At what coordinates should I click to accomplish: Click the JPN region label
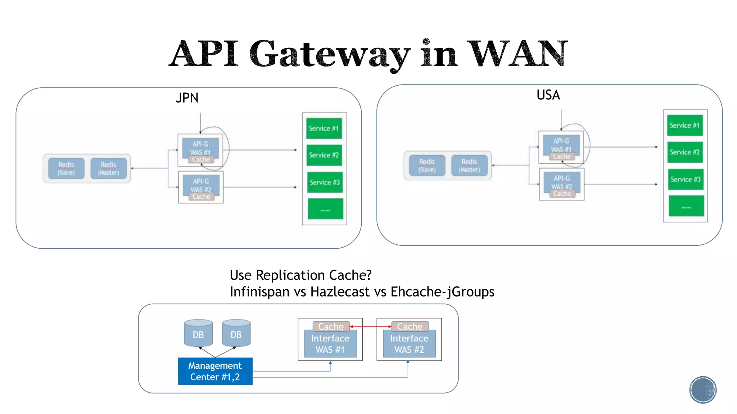(x=187, y=98)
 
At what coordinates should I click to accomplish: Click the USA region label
(x=548, y=95)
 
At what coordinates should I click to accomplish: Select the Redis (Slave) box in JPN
(x=66, y=168)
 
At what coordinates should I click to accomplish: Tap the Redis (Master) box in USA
(x=469, y=165)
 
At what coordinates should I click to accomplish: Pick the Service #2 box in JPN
(x=324, y=155)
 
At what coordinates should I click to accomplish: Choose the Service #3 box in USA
(x=685, y=179)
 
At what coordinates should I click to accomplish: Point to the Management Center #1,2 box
(x=215, y=371)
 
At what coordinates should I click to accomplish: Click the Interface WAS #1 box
(x=330, y=344)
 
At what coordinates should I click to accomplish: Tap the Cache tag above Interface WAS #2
(x=410, y=326)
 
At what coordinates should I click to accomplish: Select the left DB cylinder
(x=198, y=333)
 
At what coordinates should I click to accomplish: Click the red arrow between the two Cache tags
(x=370, y=326)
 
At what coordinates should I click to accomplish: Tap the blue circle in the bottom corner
(x=703, y=390)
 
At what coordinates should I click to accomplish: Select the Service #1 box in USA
(x=684, y=125)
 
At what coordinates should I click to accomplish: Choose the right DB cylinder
(x=236, y=333)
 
